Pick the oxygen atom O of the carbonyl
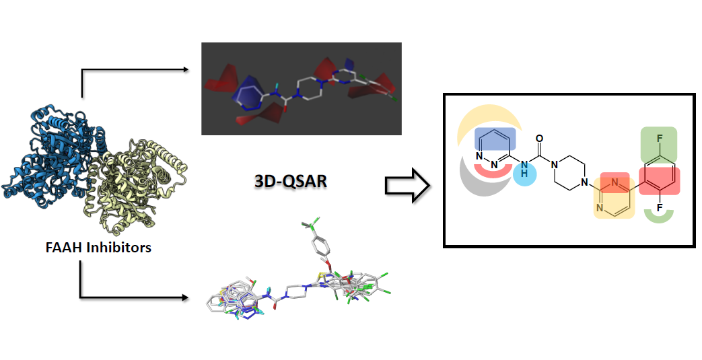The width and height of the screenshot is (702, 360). click(x=539, y=139)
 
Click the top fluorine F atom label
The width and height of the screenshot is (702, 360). click(x=659, y=137)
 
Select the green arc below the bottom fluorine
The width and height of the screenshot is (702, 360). click(x=659, y=217)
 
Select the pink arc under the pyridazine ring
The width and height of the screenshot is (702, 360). click(x=494, y=172)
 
